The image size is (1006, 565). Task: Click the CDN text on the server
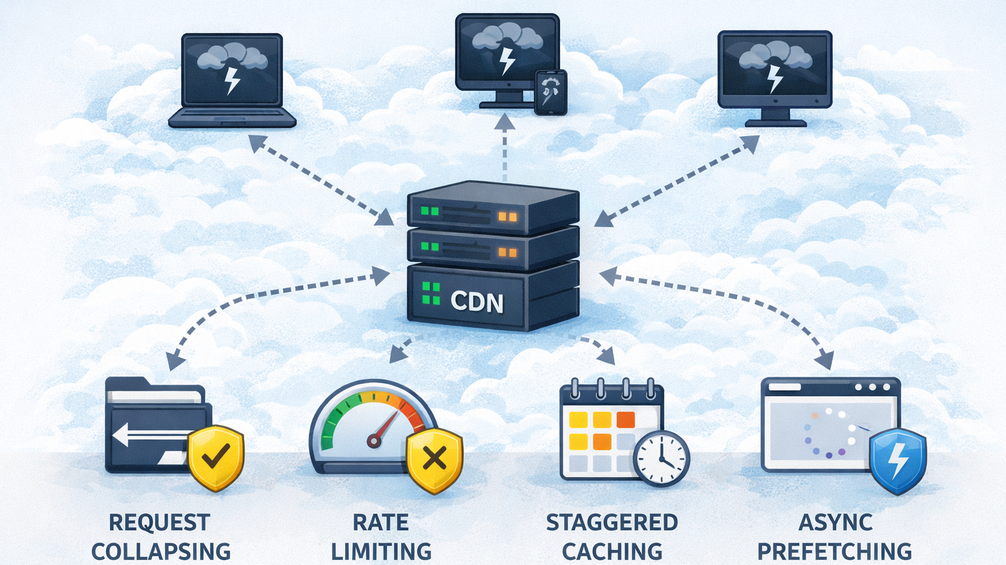pyautogui.click(x=477, y=302)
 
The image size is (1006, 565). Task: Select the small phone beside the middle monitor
pyautogui.click(x=550, y=92)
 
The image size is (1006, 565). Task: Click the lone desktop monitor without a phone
pyautogui.click(x=775, y=75)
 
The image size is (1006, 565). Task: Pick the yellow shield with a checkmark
pyautogui.click(x=215, y=457)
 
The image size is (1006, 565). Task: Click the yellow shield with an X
pyautogui.click(x=434, y=460)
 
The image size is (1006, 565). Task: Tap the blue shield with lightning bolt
pyautogui.click(x=897, y=460)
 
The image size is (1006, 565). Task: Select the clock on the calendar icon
pyautogui.click(x=661, y=458)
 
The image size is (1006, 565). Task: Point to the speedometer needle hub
pyautogui.click(x=374, y=441)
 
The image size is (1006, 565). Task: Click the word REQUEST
pyautogui.click(x=159, y=522)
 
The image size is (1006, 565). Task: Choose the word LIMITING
pyautogui.click(x=381, y=551)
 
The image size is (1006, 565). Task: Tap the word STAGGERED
pyautogui.click(x=612, y=522)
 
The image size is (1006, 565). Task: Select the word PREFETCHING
pyautogui.click(x=834, y=551)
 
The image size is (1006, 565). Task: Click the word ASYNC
pyautogui.click(x=835, y=522)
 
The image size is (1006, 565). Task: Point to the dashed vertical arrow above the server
pyautogui.click(x=504, y=148)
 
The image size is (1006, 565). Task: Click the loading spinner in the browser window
pyautogui.click(x=829, y=432)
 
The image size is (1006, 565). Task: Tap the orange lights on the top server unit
pyautogui.click(x=507, y=217)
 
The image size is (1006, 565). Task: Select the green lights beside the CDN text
pyautogui.click(x=431, y=293)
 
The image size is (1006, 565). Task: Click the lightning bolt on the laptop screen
pyautogui.click(x=232, y=81)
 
